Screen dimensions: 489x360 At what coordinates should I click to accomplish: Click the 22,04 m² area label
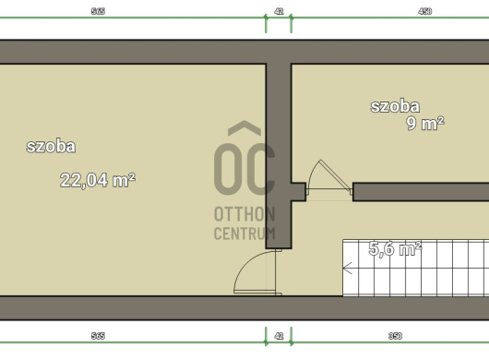(98, 180)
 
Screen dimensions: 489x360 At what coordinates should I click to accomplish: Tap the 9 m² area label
(425, 123)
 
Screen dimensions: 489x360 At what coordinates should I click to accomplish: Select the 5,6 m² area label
(395, 248)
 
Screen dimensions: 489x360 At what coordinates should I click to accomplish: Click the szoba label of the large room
(51, 146)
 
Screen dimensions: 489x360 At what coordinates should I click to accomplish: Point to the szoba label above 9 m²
(395, 106)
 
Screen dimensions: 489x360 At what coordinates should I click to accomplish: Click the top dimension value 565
(98, 12)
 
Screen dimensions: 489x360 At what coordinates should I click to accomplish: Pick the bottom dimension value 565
(98, 336)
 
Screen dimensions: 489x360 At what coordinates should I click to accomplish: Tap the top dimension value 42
(279, 12)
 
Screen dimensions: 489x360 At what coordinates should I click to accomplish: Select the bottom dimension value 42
(279, 336)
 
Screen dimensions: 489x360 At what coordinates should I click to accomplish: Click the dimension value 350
(395, 336)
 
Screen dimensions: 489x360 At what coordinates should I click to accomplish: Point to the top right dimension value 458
(424, 12)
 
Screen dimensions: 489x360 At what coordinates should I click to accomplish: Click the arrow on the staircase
(348, 268)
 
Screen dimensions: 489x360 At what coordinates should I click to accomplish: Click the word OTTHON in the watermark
(244, 214)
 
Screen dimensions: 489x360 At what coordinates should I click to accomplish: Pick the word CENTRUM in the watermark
(244, 233)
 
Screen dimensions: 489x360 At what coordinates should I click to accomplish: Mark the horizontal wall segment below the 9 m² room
(421, 192)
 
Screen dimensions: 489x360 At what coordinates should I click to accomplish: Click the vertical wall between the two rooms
(279, 156)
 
